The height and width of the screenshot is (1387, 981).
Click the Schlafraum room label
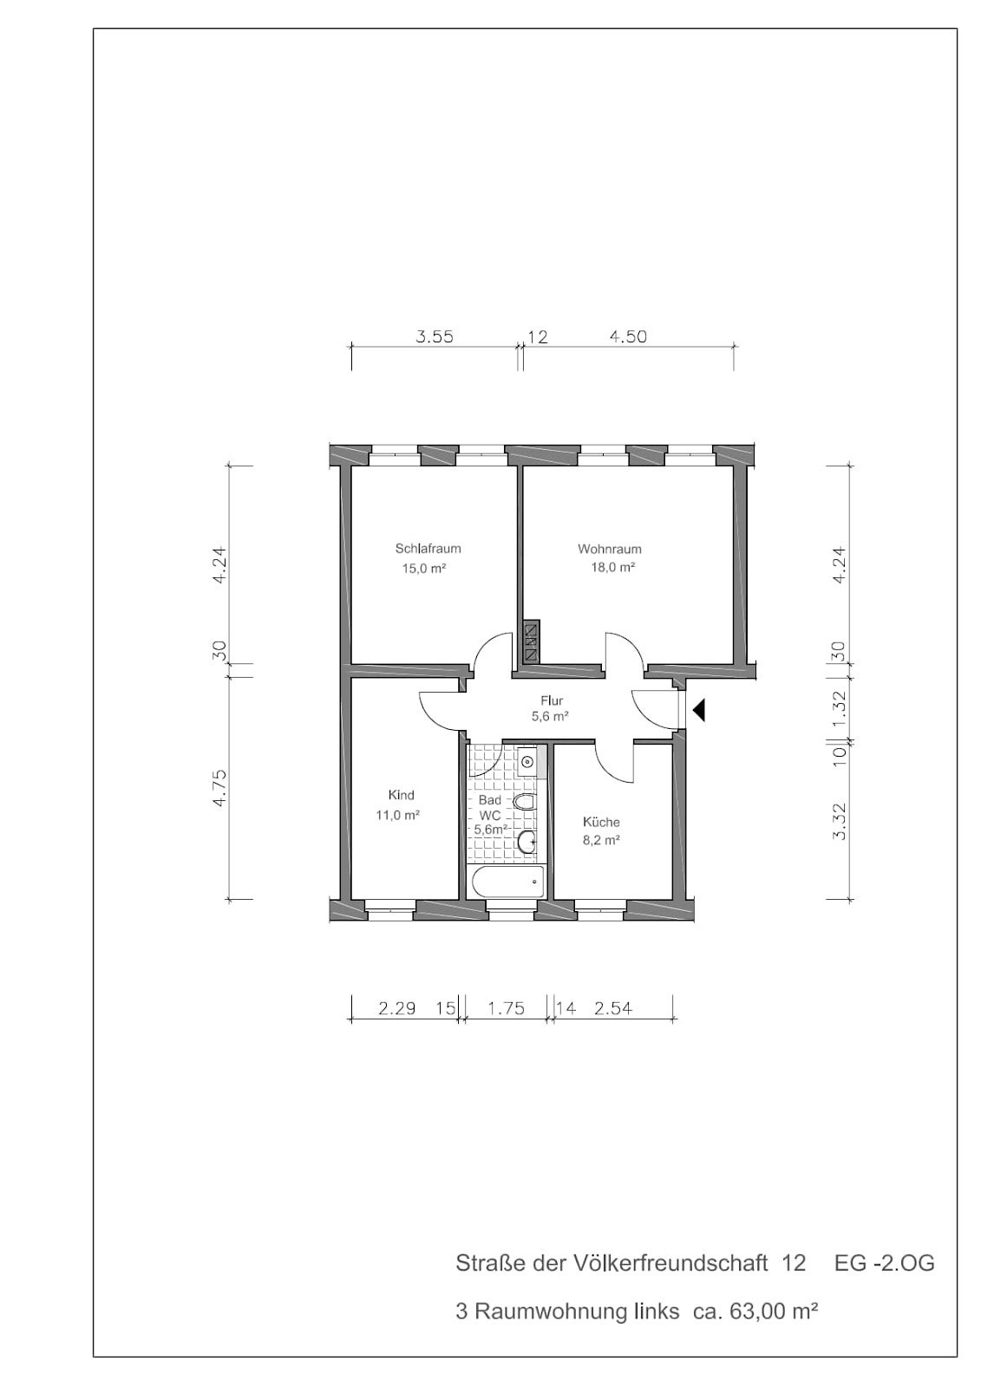pos(428,549)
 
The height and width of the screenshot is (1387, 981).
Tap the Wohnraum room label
pos(609,549)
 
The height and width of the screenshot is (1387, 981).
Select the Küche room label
pos(601,823)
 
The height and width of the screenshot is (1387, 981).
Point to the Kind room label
pos(401,795)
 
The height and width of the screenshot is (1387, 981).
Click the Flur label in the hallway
pos(552,701)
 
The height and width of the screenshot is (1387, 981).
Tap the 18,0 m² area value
pos(613,567)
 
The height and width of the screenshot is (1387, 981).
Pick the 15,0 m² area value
pos(424,568)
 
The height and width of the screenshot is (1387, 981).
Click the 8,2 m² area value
pos(602,840)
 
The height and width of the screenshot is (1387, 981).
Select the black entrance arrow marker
pos(699,710)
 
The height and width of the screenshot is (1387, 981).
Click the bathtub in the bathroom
pos(507,881)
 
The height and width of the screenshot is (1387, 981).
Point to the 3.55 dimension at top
pos(435,337)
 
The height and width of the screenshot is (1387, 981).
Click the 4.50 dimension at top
pos(628,337)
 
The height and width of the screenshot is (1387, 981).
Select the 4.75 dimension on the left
pos(220,788)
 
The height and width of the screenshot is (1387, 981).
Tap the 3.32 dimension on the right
pos(839,820)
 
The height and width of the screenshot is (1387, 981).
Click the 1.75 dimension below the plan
pos(507,1009)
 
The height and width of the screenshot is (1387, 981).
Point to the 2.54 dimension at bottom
pos(613,1009)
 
